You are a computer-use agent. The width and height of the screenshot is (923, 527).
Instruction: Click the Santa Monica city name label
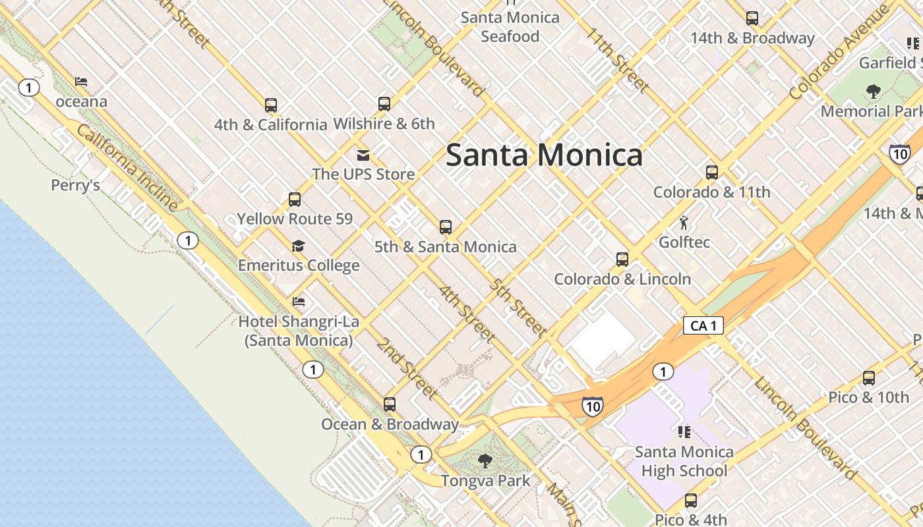pyautogui.click(x=544, y=155)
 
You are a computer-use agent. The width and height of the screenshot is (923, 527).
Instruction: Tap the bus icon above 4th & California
pyautogui.click(x=270, y=105)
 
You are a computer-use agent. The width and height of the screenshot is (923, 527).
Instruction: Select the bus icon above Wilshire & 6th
pyautogui.click(x=384, y=103)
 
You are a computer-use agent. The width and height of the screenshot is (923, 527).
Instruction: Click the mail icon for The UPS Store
pyautogui.click(x=363, y=155)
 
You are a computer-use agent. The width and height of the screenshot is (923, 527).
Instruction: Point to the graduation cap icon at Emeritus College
pyautogui.click(x=298, y=246)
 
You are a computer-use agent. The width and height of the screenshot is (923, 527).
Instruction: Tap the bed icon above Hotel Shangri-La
pyautogui.click(x=299, y=302)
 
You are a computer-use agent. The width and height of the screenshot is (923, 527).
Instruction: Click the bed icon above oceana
pyautogui.click(x=81, y=82)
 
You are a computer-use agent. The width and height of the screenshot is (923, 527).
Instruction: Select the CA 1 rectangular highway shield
pyautogui.click(x=703, y=325)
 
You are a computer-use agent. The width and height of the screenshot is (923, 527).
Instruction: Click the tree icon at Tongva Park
pyautogui.click(x=485, y=460)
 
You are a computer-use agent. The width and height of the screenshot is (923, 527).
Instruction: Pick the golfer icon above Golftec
pyautogui.click(x=684, y=222)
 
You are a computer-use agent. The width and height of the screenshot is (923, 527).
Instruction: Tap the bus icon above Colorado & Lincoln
pyautogui.click(x=622, y=259)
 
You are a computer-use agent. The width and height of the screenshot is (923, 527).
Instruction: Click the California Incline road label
pyautogui.click(x=127, y=167)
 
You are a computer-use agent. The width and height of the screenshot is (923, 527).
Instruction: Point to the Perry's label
pyautogui.click(x=76, y=185)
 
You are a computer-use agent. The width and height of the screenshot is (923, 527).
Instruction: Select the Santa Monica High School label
pyautogui.click(x=684, y=461)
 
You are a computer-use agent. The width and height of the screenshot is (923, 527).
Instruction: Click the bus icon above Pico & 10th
pyautogui.click(x=869, y=378)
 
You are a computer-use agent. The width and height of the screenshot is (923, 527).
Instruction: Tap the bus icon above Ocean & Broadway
pyautogui.click(x=390, y=404)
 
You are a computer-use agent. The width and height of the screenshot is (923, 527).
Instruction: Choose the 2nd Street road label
pyautogui.click(x=407, y=368)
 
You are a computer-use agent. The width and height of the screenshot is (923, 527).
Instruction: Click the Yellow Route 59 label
pyautogui.click(x=295, y=219)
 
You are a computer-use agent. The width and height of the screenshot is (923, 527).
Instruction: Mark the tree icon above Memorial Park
pyautogui.click(x=874, y=91)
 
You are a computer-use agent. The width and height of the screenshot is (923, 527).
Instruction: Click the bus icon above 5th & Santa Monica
pyautogui.click(x=446, y=227)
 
